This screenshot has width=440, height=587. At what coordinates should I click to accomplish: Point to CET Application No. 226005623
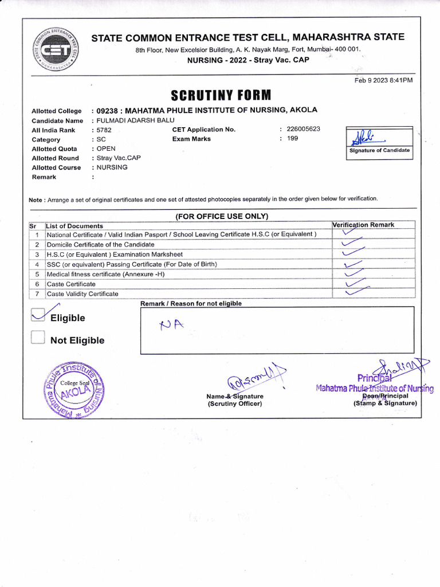(x=303, y=129)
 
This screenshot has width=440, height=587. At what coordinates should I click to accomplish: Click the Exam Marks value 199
(x=292, y=139)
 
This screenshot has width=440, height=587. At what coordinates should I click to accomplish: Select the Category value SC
(x=101, y=139)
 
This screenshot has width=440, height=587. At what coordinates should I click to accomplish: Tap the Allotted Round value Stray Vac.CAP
(x=119, y=158)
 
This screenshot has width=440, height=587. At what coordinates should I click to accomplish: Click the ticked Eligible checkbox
(x=38, y=315)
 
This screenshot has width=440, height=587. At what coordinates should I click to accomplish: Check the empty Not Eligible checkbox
(x=38, y=338)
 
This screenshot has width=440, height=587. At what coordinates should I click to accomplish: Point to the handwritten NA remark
(x=171, y=325)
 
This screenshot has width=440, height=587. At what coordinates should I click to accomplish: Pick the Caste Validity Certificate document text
(x=82, y=293)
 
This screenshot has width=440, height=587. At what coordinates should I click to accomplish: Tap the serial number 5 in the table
(x=37, y=274)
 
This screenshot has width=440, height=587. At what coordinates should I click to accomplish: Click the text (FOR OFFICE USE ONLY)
(x=221, y=216)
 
